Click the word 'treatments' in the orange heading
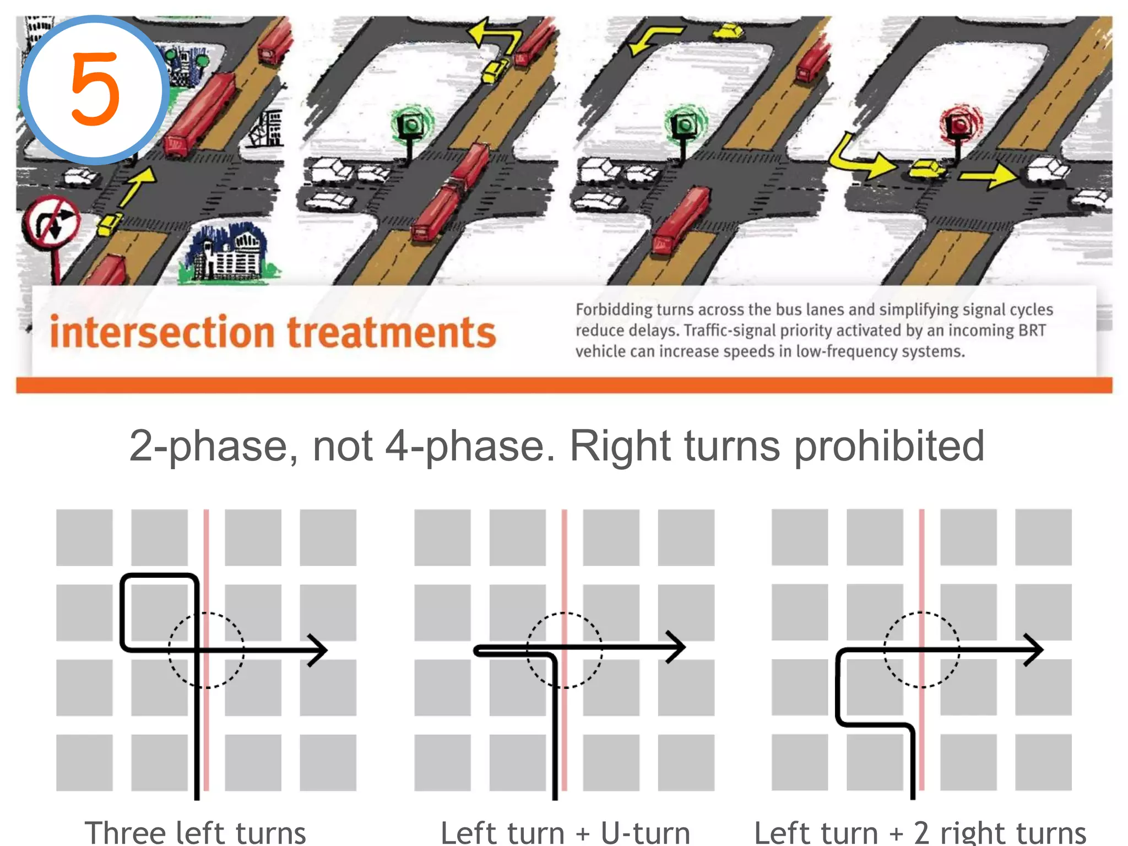click(x=392, y=333)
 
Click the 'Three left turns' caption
click(x=195, y=832)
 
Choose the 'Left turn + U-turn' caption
click(x=565, y=832)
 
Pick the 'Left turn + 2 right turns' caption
click(x=920, y=832)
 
